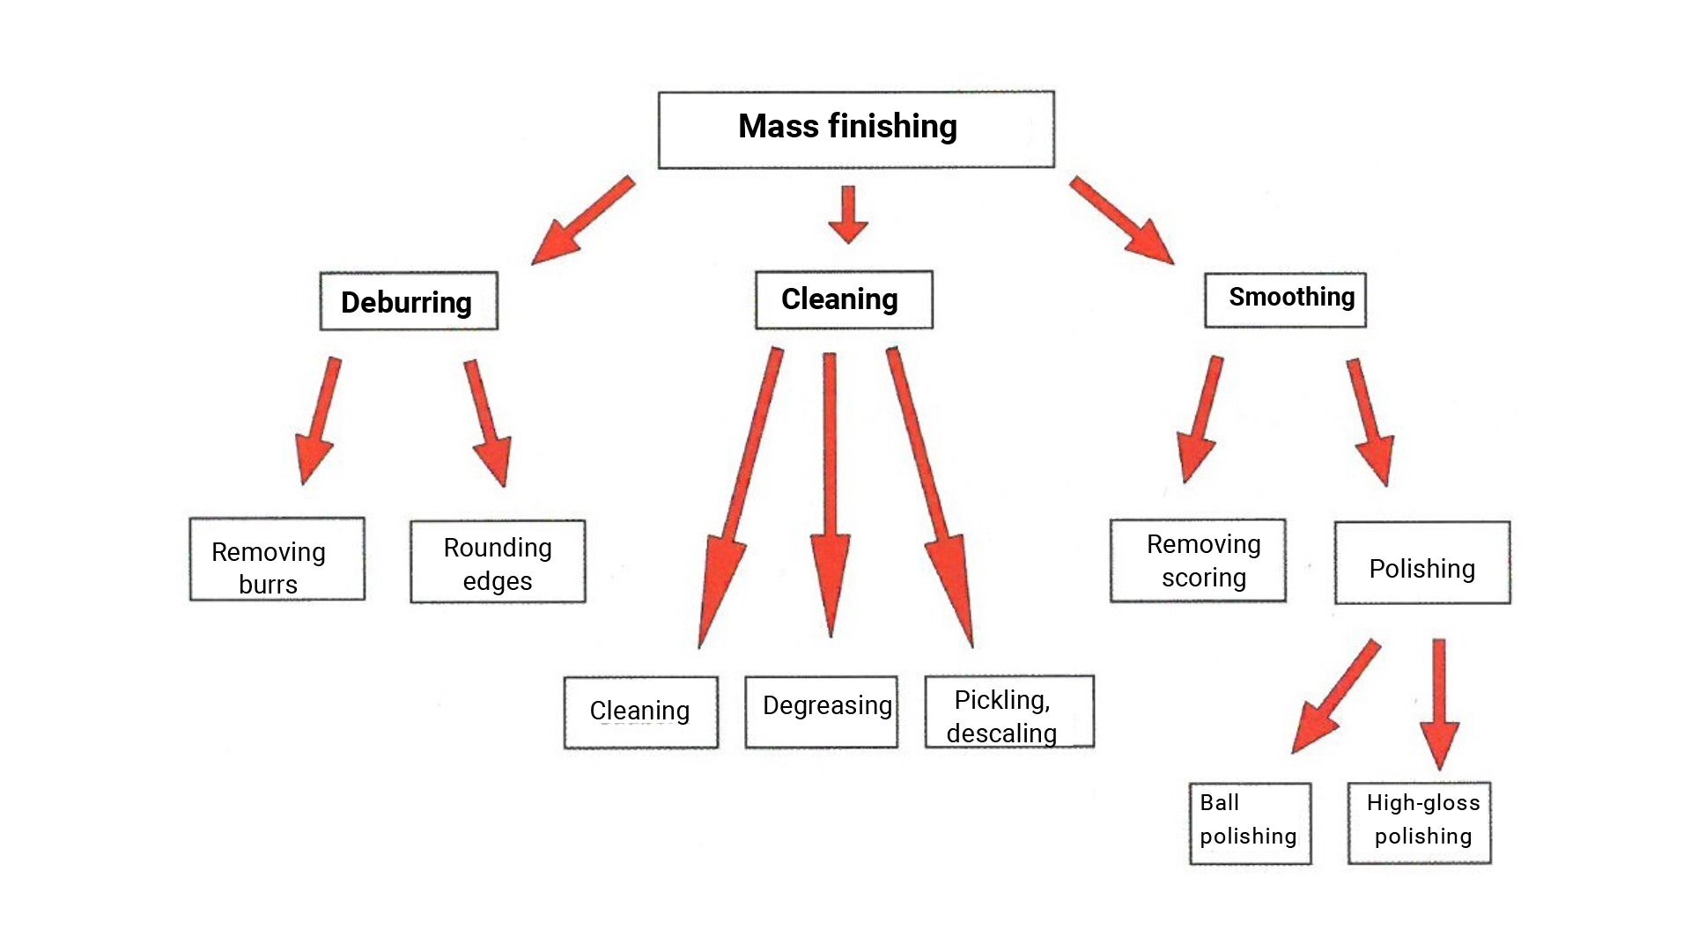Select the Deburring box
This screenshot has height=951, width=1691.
pyautogui.click(x=409, y=301)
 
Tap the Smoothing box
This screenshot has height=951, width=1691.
pyautogui.click(x=1285, y=299)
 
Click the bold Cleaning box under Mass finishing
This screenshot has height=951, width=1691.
pyautogui.click(x=843, y=299)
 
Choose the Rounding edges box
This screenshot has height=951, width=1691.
pyautogui.click(x=498, y=562)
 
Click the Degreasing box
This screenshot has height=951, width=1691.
pyautogui.click(x=821, y=711)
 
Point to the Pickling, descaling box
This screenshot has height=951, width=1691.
pyautogui.click(x=1009, y=711)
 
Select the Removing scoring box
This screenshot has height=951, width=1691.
pyautogui.click(x=1198, y=560)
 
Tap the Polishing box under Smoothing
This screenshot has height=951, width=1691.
pyautogui.click(x=1422, y=564)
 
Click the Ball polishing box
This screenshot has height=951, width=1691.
pyautogui.click(x=1250, y=823)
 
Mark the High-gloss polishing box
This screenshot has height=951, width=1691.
pyautogui.click(x=1419, y=822)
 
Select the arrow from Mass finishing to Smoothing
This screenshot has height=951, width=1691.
pyautogui.click(x=1121, y=219)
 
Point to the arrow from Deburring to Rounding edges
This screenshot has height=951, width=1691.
pyautogui.click(x=488, y=422)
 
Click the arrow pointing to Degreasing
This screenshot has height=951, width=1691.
pyautogui.click(x=830, y=493)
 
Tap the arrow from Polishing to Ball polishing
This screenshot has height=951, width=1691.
pyautogui.click(x=1335, y=696)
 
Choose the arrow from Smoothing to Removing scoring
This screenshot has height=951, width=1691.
pyautogui.click(x=1200, y=419)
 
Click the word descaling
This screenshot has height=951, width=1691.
pyautogui.click(x=1001, y=734)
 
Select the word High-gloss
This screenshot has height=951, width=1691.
pyautogui.click(x=1422, y=802)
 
